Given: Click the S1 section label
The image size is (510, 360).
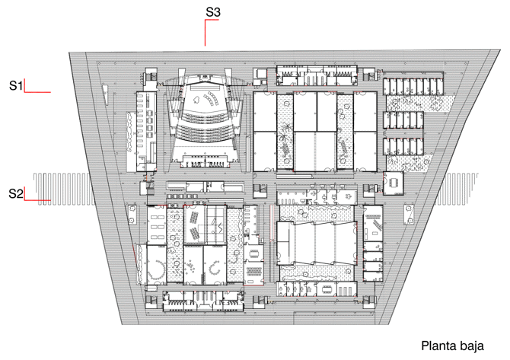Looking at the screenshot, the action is point(16,85).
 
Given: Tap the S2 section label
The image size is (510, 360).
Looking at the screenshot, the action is point(16,193).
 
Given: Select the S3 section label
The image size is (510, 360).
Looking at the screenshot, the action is point(213,12).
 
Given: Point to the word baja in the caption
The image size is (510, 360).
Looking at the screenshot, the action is point(472,346).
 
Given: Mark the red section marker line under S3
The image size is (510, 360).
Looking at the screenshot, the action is point(206,33).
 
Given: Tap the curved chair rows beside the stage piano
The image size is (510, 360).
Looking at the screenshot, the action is point(211,98).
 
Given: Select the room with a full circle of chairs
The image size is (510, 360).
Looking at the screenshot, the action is point(157,266).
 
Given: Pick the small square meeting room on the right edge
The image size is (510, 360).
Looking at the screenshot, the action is point(393,183).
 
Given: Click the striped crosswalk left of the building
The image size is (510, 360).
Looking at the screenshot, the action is point(63,190).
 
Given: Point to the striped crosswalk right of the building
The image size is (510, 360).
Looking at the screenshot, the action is point(461,189).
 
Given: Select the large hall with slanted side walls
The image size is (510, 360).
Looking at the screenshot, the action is point(315,243).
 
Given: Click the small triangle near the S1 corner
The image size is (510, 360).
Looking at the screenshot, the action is point(105,96).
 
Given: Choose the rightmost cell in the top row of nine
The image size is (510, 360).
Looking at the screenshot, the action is point(440,86).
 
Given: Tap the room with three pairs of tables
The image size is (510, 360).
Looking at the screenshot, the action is point(157,225).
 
